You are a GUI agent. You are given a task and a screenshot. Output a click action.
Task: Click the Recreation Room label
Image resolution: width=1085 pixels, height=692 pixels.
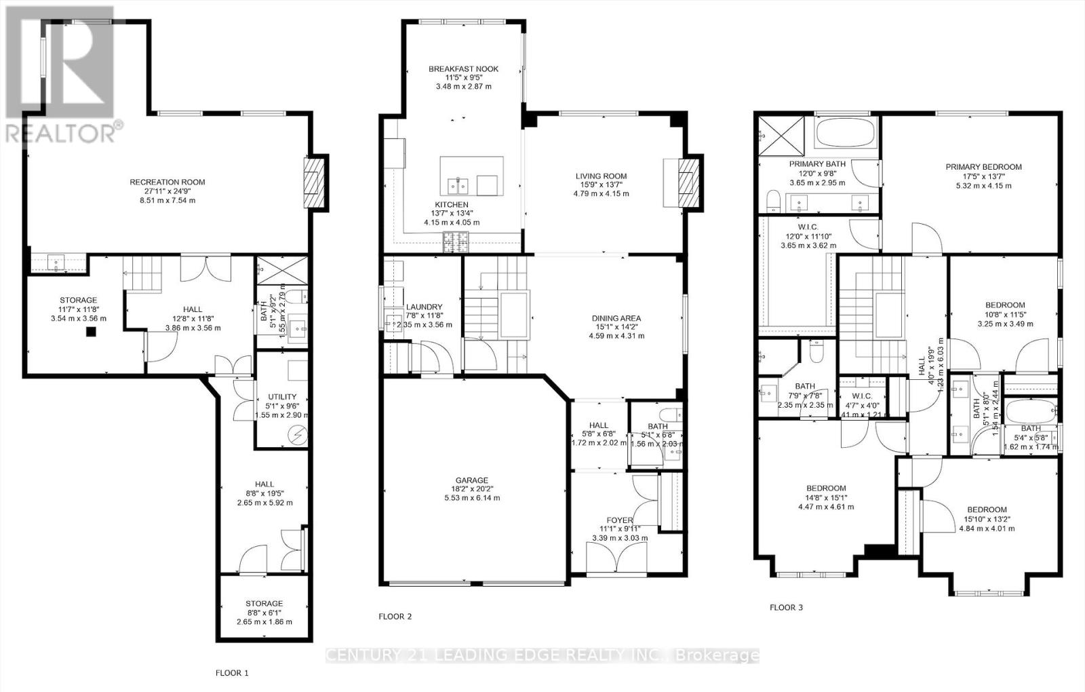coord(167,182)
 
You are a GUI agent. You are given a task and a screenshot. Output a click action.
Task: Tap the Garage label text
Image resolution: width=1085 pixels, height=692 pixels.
coord(471,480)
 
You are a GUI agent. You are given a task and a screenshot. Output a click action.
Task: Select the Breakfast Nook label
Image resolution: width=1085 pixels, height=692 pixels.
coord(463,69)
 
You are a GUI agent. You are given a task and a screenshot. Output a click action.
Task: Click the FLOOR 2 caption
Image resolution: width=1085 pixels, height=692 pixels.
coord(395,617)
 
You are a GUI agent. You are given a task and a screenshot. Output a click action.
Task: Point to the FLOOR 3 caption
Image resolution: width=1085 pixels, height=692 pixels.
coord(786,607)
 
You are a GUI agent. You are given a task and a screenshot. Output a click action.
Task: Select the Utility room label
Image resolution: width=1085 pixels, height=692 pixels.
coord(282,397)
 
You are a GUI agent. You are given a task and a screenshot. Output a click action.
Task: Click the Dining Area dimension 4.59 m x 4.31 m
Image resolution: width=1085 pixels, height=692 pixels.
coord(616,336)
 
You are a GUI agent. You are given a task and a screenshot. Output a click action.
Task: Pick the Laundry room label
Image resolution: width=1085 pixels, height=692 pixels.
coord(424,307)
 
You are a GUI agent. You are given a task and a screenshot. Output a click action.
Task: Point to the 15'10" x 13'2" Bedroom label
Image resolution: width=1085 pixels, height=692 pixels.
coord(987,510)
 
